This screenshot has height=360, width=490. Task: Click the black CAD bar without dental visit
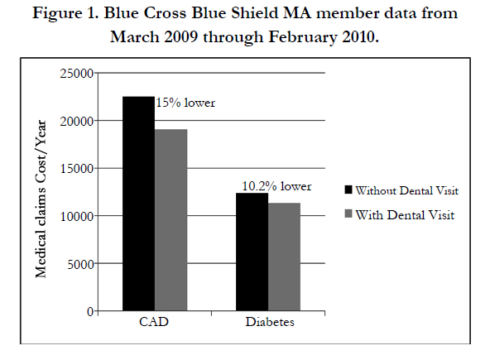coord(138,204)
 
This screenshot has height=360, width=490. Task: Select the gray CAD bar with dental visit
coord(171,220)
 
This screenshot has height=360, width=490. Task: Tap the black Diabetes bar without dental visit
coord(252,252)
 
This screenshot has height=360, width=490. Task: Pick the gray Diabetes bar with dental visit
coord(285,257)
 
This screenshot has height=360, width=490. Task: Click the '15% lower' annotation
coord(185,103)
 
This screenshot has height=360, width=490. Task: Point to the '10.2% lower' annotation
coord(277,186)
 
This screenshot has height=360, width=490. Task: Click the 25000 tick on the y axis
coord(77,74)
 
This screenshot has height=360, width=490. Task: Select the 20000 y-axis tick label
coord(77,122)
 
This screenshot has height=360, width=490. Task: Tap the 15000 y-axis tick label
coord(77,169)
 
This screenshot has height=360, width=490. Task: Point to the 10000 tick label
coord(77,216)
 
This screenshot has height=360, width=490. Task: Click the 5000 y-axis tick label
coord(80,264)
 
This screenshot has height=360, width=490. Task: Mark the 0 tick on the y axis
coord(90,311)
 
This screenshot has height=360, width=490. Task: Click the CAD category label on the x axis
coord(154,322)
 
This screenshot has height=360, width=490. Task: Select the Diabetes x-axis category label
coord(270,322)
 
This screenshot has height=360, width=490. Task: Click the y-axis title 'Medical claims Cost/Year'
coord(41,199)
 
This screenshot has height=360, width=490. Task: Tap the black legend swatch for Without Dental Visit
coord(348,190)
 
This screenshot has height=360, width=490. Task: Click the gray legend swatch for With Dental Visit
coord(348,214)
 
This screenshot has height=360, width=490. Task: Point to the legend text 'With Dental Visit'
coord(405,215)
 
